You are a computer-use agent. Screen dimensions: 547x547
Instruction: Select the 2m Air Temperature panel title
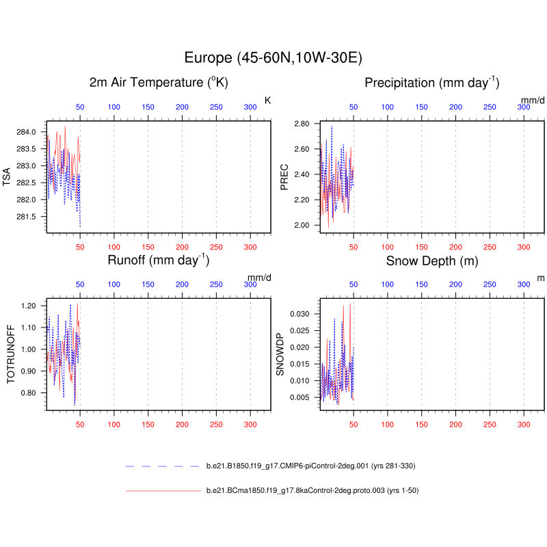coord(159,83)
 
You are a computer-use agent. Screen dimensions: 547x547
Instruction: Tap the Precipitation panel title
coord(432,83)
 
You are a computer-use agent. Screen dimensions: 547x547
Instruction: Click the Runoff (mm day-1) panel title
coord(159,261)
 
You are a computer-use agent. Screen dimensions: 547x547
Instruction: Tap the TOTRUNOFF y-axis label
coord(10,354)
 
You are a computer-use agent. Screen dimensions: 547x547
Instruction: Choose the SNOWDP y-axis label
coord(280,354)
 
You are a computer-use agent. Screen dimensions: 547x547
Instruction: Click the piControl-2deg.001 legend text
coord(311,466)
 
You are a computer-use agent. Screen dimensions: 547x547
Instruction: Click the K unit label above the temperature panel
coord(267,101)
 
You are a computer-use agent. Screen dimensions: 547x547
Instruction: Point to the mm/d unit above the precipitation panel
coord(533,101)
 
